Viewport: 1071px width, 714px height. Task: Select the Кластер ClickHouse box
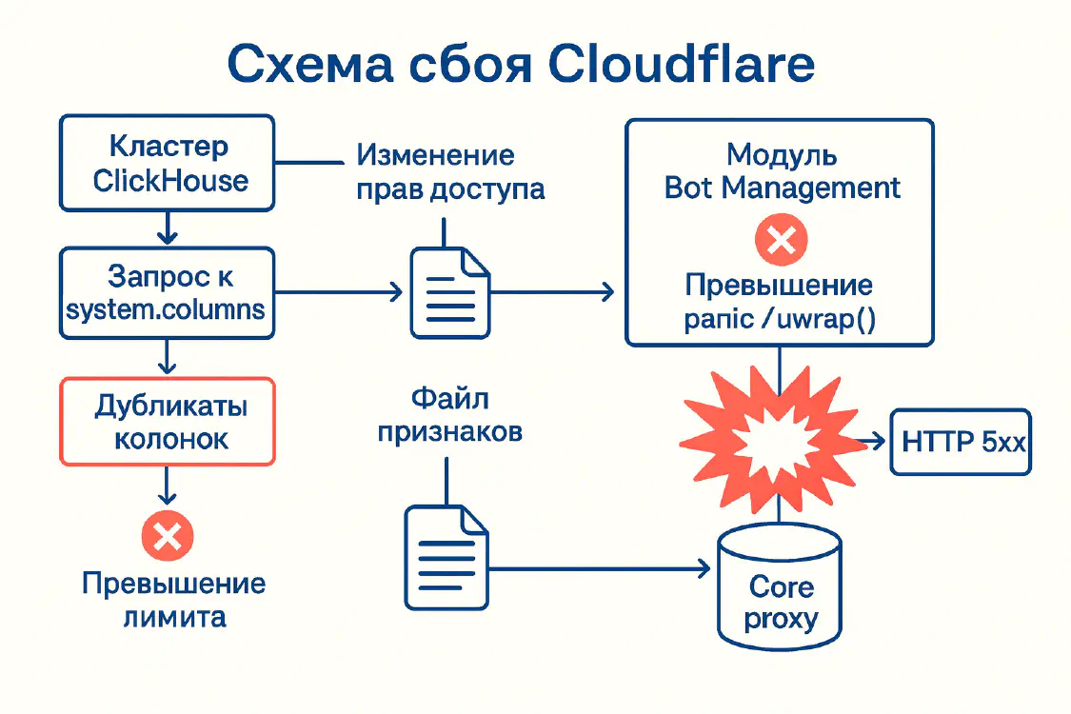168,164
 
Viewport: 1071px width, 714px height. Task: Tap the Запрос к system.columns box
168,293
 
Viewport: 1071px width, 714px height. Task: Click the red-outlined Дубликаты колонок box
168,422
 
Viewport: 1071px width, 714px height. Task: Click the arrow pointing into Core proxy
609,569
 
